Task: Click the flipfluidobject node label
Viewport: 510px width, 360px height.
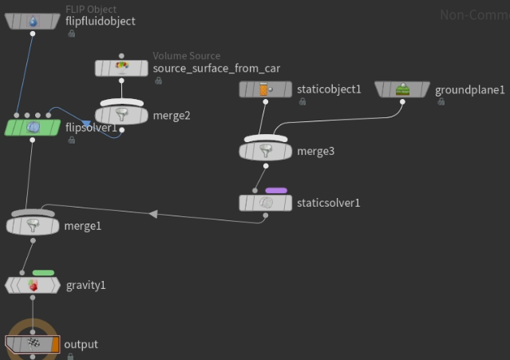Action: [100, 21]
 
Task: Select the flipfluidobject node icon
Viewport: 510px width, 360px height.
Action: [32, 22]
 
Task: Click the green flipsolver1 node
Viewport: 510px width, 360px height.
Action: [32, 127]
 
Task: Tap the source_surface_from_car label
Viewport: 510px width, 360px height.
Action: [216, 68]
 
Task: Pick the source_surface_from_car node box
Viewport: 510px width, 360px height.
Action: [121, 68]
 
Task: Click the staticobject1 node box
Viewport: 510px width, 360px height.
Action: [265, 89]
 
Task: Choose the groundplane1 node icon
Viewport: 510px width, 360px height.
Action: [402, 89]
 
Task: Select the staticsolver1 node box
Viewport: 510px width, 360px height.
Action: [266, 203]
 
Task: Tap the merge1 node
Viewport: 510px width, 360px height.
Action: [32, 226]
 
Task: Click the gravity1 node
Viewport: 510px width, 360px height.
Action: [32, 285]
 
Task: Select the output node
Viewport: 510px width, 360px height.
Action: [32, 344]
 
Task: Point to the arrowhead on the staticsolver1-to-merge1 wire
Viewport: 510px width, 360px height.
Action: [154, 214]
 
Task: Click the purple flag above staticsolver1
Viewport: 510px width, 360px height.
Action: [276, 191]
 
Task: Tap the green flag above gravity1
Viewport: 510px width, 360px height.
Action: [43, 273]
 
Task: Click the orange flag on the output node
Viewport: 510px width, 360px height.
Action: [55, 344]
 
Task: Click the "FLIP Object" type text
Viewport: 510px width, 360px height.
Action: [91, 9]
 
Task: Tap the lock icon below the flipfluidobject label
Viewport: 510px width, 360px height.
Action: [71, 34]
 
